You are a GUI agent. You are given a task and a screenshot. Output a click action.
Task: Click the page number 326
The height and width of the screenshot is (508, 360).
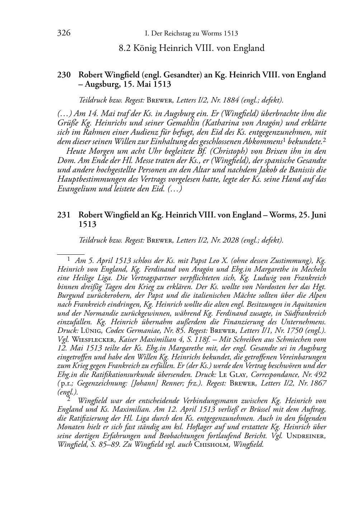(x=63, y=33)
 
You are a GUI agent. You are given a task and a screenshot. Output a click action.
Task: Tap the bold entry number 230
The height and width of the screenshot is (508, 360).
(x=64, y=75)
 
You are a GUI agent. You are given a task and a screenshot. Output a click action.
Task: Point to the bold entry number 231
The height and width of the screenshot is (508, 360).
(x=64, y=215)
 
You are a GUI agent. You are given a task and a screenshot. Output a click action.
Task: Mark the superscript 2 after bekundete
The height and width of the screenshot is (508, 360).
(x=324, y=140)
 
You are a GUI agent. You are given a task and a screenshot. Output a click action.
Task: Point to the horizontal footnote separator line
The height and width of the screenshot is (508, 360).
(x=71, y=254)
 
